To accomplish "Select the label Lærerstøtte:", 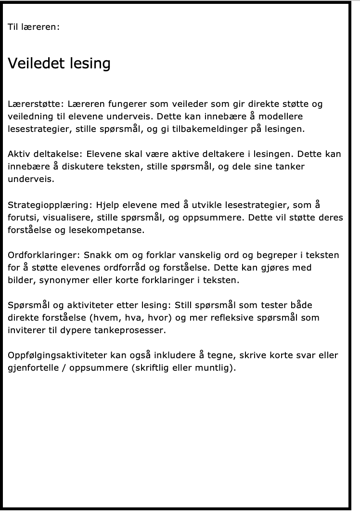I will tap(36, 104).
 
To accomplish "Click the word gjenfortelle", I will tap(32, 368).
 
